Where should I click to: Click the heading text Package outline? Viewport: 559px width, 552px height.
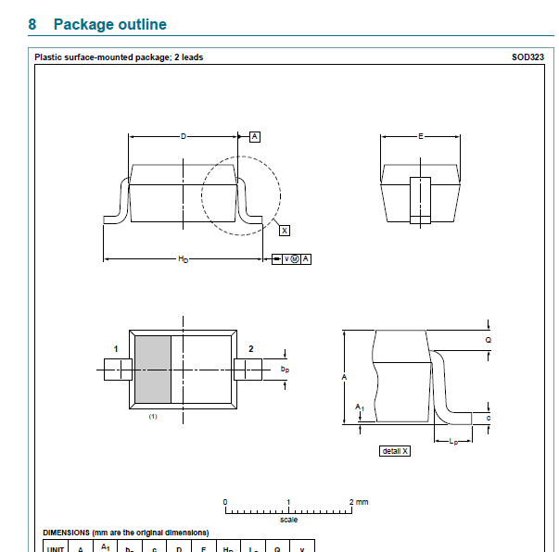click(110, 24)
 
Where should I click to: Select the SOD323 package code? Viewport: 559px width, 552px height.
click(527, 57)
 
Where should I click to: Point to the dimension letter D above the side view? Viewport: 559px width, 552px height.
click(183, 136)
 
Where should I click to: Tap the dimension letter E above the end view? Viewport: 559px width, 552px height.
click(420, 136)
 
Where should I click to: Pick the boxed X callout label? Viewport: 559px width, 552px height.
click(284, 229)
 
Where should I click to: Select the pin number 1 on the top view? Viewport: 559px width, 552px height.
click(116, 349)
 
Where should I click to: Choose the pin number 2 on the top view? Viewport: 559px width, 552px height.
click(250, 349)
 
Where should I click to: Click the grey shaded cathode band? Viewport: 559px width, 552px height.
click(154, 369)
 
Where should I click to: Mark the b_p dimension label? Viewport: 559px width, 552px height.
click(286, 369)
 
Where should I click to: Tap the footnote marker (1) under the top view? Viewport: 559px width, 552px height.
click(153, 417)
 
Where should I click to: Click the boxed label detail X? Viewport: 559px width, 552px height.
click(395, 451)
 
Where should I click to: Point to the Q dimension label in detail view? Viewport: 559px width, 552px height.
click(489, 340)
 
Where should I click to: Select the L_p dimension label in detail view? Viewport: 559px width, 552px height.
click(452, 442)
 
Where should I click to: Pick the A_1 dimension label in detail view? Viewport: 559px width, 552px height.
click(360, 408)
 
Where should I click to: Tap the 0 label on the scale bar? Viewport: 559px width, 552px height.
click(225, 502)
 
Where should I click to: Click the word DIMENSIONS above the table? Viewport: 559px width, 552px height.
click(67, 533)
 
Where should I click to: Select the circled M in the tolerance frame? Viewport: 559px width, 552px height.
click(295, 258)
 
